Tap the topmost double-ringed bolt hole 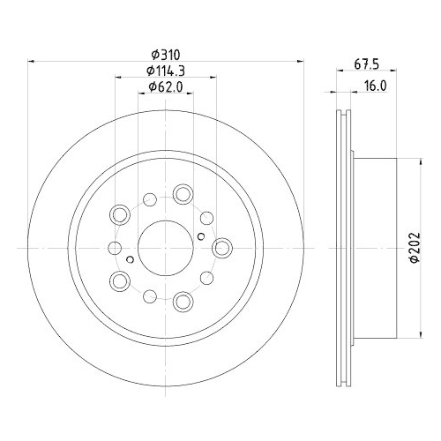click(x=183, y=193)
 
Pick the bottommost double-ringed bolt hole click(x=183, y=302)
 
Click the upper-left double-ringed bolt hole click(x=120, y=214)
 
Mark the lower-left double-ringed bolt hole click(x=120, y=281)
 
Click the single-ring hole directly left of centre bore click(x=115, y=248)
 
